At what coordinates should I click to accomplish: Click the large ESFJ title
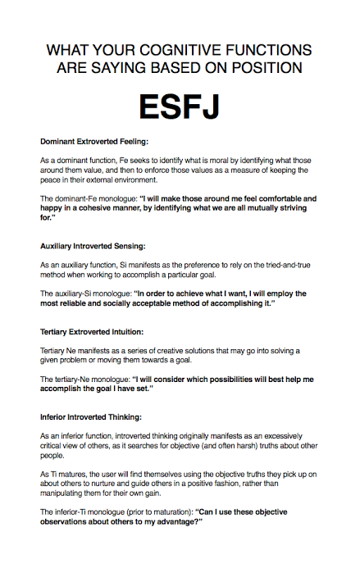pos(180,107)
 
